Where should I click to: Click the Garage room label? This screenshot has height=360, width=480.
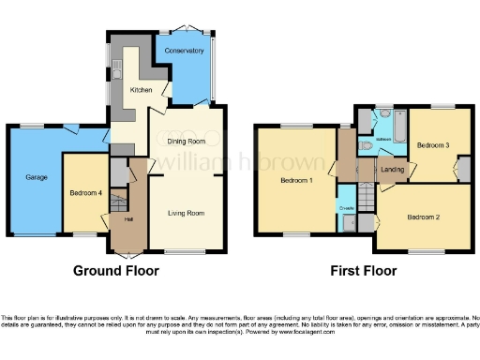pos(37,176)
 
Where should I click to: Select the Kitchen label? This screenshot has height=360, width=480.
pos(141,90)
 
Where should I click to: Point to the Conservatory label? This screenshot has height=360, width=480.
pos(184,51)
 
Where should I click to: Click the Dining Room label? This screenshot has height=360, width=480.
pos(186,141)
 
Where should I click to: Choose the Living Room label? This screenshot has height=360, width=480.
pos(186,214)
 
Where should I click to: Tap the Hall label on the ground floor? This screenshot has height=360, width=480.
pos(127,219)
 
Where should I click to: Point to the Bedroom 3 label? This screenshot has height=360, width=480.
pos(433,145)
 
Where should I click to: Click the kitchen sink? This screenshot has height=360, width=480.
pos(118,69)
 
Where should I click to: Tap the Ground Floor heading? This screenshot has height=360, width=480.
pos(116,271)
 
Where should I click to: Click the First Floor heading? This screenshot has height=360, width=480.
pos(363,271)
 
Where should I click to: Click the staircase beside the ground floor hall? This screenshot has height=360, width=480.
pos(117,201)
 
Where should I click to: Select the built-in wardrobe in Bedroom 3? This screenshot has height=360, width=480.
pos(461,170)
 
